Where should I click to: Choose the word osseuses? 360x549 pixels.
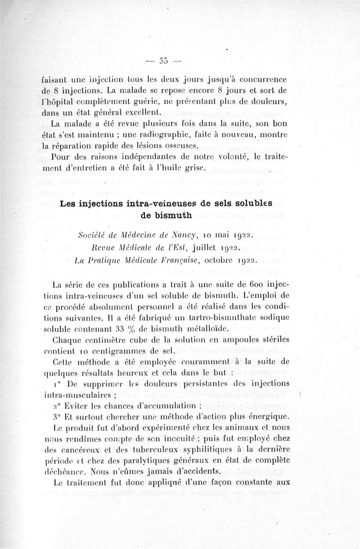pos(177,146)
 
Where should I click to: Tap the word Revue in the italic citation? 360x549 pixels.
pos(103,247)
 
